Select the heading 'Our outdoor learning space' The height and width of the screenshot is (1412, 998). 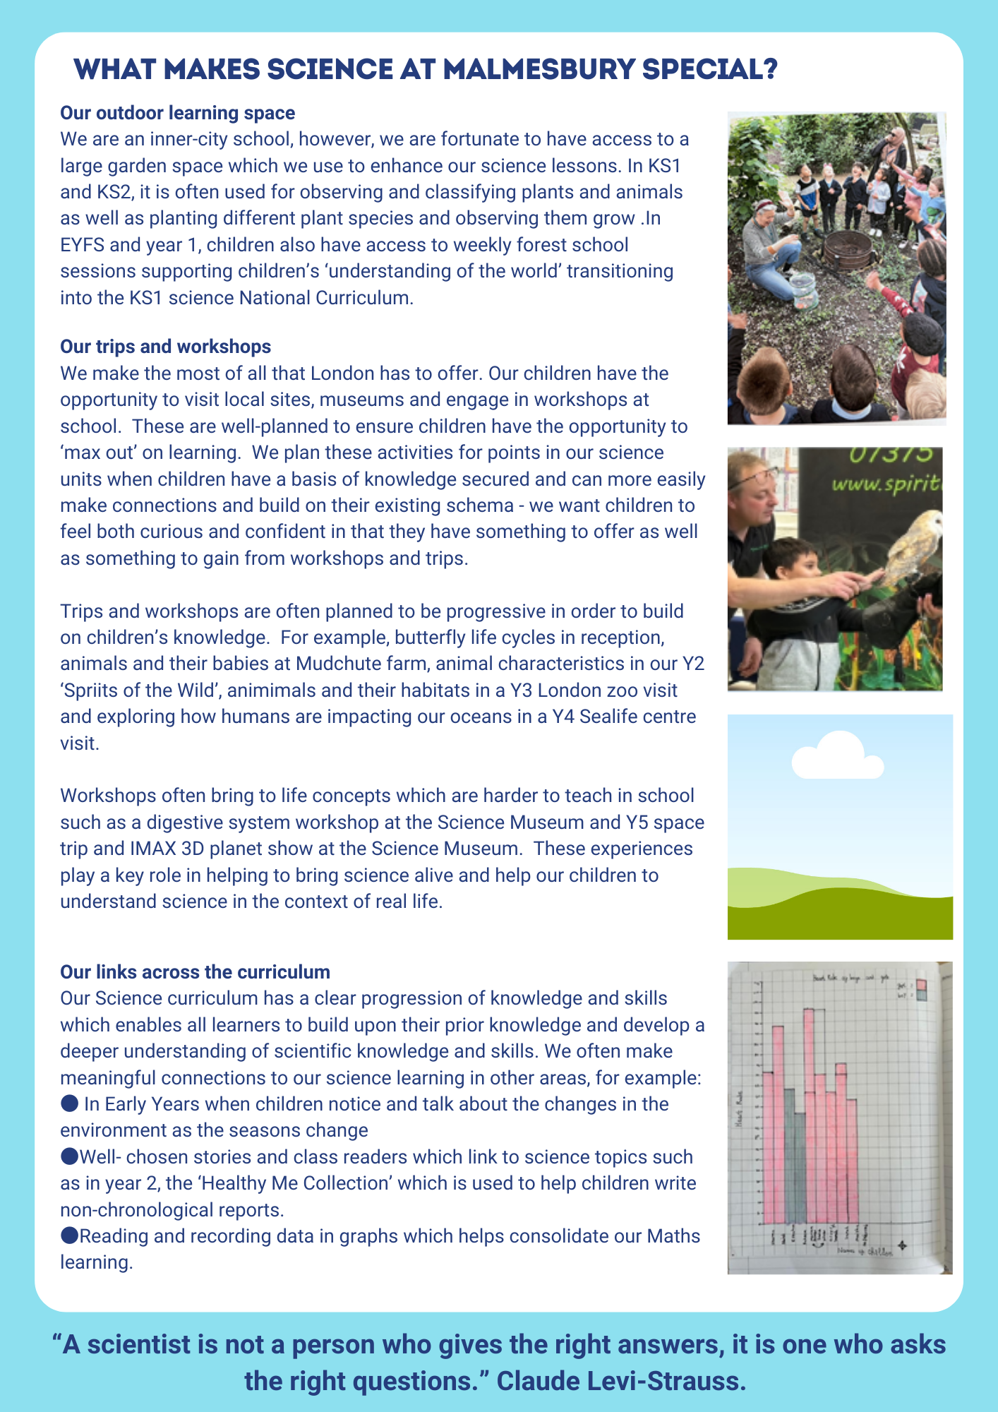[x=177, y=113]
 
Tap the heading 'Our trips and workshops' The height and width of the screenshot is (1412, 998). [x=165, y=347]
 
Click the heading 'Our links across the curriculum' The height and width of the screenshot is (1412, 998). [x=195, y=972]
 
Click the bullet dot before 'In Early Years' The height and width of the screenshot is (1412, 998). [x=68, y=1103]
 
